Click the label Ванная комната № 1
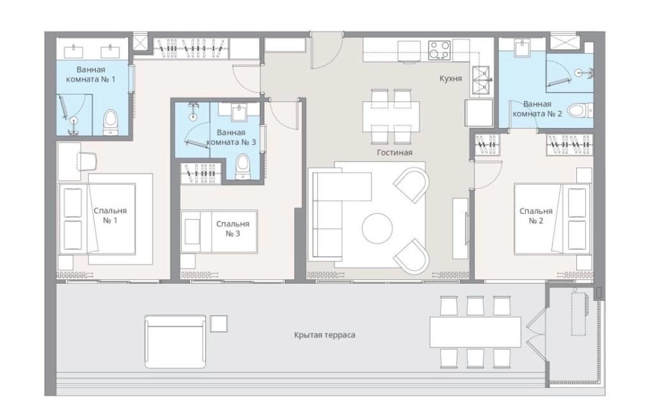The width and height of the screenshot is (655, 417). [x=91, y=74]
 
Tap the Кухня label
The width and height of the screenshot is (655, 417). [x=451, y=78]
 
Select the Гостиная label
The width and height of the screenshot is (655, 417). [x=394, y=152]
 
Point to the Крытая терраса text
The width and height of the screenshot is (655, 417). [x=324, y=335]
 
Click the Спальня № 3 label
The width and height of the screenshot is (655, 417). [x=233, y=229]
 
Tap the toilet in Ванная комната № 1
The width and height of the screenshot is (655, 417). [x=111, y=122]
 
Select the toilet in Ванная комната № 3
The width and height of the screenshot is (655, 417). [x=242, y=167]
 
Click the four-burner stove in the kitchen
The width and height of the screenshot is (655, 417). [x=440, y=50]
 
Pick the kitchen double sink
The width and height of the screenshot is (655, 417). [x=481, y=81]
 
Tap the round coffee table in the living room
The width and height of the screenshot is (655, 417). [x=377, y=229]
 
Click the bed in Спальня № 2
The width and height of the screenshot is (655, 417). [x=552, y=218]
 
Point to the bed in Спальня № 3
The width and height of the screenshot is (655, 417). [x=219, y=231]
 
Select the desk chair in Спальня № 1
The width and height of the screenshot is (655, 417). [x=87, y=161]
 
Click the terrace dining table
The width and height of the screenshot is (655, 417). [x=475, y=332]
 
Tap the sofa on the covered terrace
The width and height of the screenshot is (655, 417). [x=175, y=341]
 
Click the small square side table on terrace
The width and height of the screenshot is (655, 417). [x=219, y=323]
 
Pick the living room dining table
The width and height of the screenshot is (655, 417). [x=391, y=116]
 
